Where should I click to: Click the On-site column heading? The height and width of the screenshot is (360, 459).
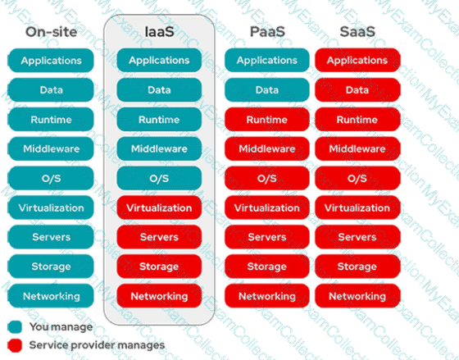(51, 32)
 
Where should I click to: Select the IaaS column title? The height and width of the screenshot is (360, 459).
(159, 32)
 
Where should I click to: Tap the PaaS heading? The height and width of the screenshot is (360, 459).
(267, 32)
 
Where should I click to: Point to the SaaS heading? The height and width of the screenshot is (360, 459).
(357, 32)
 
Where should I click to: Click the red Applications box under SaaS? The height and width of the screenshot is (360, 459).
(357, 61)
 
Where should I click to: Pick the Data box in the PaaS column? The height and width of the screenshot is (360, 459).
(267, 90)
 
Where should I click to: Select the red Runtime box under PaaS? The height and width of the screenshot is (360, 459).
(267, 119)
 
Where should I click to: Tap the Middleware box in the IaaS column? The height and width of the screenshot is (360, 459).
(159, 148)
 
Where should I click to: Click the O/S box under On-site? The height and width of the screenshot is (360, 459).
(51, 178)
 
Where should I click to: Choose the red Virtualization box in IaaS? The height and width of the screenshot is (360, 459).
(159, 207)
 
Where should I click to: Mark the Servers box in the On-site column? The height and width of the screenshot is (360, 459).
(51, 237)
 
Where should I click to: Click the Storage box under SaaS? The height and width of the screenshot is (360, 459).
(357, 267)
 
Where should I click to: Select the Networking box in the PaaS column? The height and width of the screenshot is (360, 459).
(267, 296)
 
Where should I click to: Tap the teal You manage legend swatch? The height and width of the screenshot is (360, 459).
(15, 327)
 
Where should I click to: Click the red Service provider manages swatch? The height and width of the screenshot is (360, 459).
(15, 345)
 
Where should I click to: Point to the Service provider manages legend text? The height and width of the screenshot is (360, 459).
(97, 345)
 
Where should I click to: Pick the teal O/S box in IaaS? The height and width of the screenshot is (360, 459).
(159, 178)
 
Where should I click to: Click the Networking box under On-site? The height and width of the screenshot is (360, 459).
(51, 296)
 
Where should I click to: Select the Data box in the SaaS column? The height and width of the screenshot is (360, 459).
(357, 90)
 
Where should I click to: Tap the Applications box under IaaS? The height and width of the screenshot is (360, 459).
(159, 61)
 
